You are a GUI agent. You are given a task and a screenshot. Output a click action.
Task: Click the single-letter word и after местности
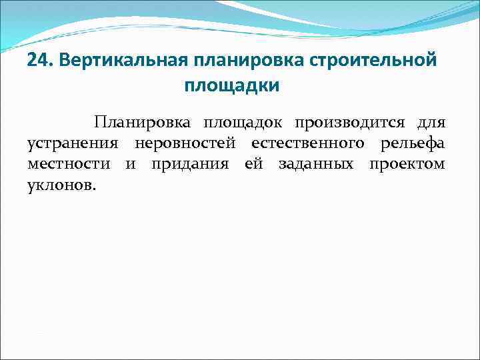pyautogui.click(x=130, y=164)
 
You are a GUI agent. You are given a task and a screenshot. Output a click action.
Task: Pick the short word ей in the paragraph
pyautogui.click(x=254, y=164)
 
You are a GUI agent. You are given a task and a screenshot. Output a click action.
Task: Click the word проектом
pyautogui.click(x=407, y=164)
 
